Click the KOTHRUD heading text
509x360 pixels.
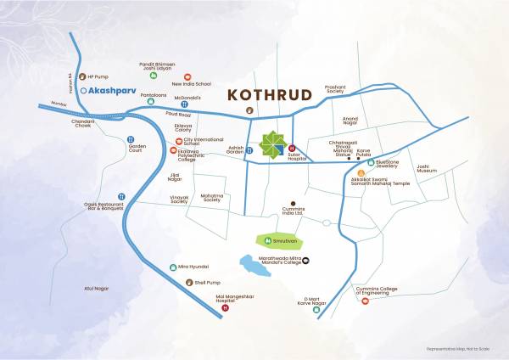271,94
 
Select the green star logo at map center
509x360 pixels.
273,144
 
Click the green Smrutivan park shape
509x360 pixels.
279,240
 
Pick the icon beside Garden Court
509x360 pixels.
131,139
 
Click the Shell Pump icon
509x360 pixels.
190,284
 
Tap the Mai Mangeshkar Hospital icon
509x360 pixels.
225,308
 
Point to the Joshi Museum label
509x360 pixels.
427,168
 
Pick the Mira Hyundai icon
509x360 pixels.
174,267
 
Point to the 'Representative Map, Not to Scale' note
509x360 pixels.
461,350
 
